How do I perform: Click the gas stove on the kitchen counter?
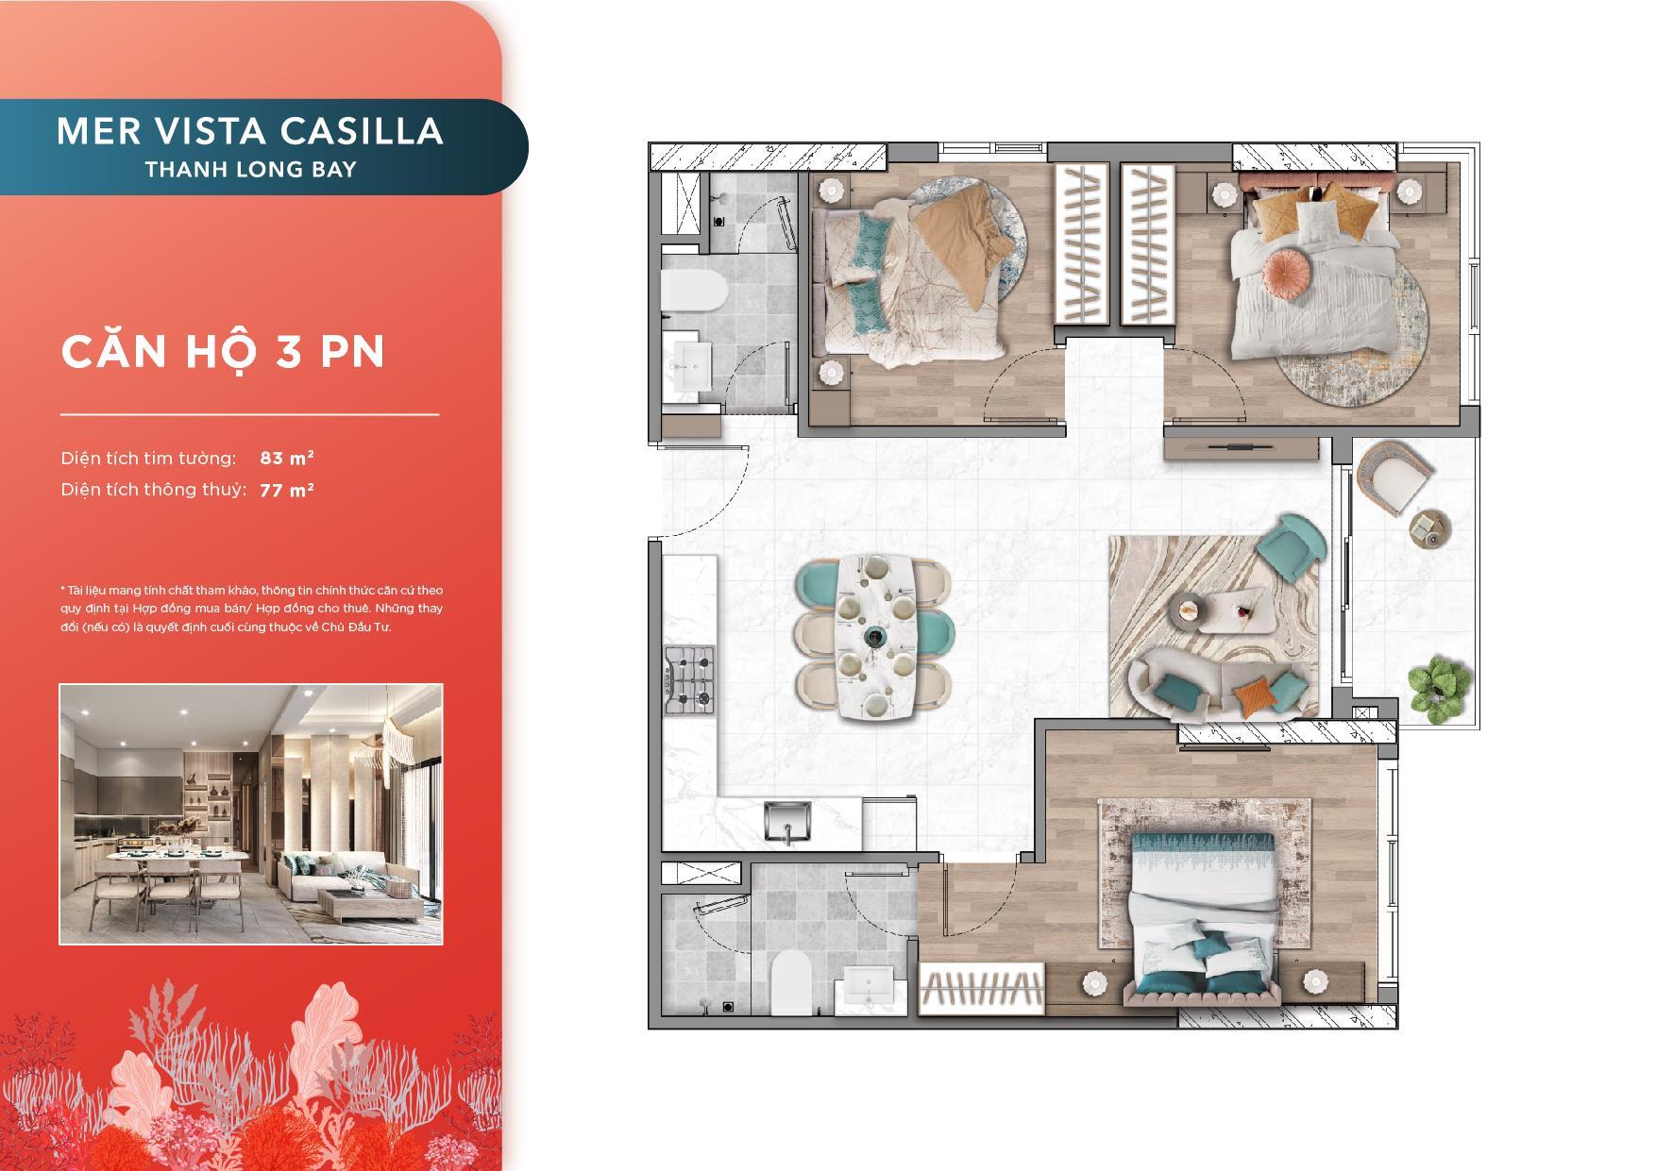(690, 679)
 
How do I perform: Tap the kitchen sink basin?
(787, 820)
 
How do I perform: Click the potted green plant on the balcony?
(1440, 689)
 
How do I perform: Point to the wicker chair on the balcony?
(1394, 477)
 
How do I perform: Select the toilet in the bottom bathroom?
(791, 981)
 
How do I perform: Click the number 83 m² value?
(287, 458)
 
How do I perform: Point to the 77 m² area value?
(287, 489)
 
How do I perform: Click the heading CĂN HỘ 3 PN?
(224, 351)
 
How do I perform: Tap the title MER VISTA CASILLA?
(250, 131)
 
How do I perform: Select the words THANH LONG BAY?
(250, 170)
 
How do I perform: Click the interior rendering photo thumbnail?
(251, 813)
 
